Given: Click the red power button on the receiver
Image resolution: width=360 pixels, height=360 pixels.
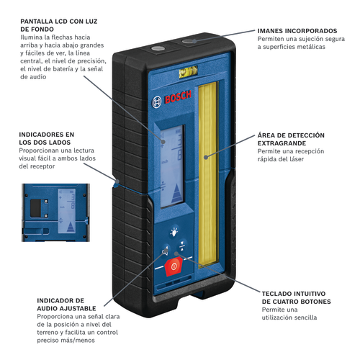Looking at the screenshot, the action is coord(174,266).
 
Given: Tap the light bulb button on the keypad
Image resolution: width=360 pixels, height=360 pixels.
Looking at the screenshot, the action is coord(174,232).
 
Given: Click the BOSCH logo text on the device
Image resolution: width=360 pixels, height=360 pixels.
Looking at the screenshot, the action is coord(178,97).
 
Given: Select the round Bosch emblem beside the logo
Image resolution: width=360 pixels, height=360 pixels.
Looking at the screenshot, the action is coord(156,102).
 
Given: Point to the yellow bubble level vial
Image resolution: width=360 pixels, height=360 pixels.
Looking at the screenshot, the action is coord(188,71).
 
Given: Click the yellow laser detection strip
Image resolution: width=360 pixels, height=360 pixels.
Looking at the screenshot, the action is coord(208,174).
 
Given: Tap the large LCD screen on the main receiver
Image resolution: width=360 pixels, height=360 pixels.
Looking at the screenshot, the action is coord(172,166).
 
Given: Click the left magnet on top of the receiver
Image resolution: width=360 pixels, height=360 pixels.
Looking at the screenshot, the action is coord(158,48).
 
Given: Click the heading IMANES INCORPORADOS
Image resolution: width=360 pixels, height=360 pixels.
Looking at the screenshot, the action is coord(297,31).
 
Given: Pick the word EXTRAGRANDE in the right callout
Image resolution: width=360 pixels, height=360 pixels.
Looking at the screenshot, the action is coord(282,143).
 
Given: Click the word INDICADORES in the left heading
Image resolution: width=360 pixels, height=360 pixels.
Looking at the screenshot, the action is coord(41,135).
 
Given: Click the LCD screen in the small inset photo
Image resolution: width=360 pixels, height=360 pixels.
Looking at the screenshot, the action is coord(67,211).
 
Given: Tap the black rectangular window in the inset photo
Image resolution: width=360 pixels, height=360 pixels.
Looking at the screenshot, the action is coord(35,208).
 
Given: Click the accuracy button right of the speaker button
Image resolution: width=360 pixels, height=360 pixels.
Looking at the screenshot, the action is coord(183,246).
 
